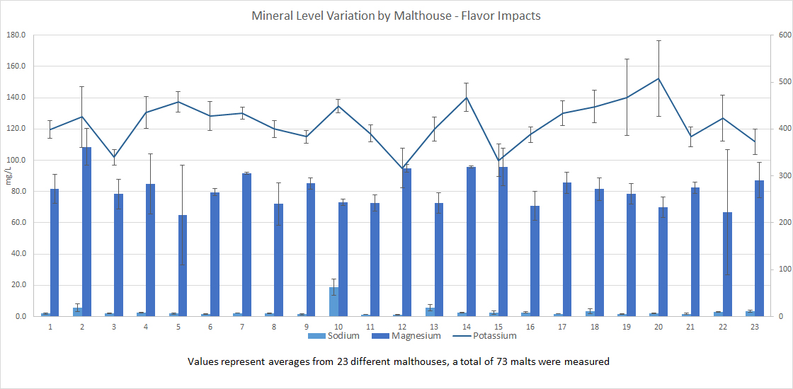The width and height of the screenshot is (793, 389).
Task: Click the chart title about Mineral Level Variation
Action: click(x=396, y=15)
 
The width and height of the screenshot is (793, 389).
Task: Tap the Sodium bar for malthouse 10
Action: click(x=333, y=301)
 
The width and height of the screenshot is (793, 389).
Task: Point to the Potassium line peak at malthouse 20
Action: click(x=658, y=79)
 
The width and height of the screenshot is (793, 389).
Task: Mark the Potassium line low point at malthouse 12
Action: click(x=402, y=168)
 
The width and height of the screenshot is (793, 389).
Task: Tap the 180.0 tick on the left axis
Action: click(x=16, y=35)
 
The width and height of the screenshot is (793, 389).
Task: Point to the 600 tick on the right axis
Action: click(x=781, y=35)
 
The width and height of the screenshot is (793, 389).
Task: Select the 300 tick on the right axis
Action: click(x=781, y=176)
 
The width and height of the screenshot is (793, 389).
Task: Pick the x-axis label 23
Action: click(x=754, y=327)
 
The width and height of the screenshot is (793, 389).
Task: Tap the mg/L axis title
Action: click(x=8, y=176)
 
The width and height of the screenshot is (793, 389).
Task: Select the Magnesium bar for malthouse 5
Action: click(x=183, y=265)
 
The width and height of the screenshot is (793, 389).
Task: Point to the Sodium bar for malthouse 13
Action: click(x=430, y=312)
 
